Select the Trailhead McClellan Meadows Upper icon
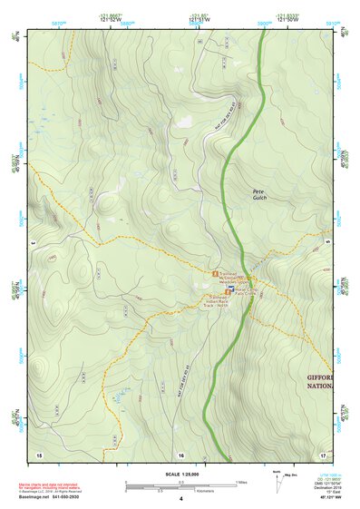click(x=215, y=272)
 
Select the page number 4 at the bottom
click(x=180, y=500)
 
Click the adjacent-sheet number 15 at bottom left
click(x=38, y=453)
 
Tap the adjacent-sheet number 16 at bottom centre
click(x=180, y=453)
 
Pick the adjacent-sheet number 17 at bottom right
click(x=323, y=453)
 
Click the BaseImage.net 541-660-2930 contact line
click(x=53, y=499)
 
